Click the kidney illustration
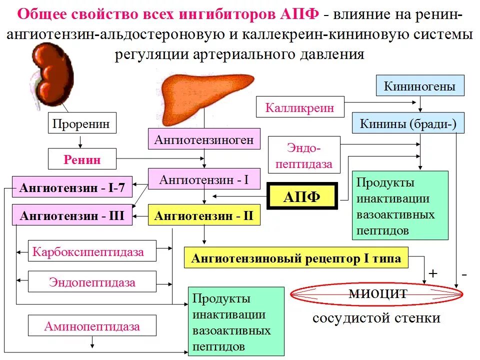(x=50, y=75)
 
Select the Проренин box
(x=81, y=122)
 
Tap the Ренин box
(x=82, y=159)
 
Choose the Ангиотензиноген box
(x=204, y=139)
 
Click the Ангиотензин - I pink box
(x=204, y=179)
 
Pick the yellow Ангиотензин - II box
(x=204, y=216)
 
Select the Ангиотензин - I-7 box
(x=72, y=188)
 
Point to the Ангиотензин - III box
(x=72, y=216)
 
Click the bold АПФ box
(x=301, y=196)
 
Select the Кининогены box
(x=419, y=86)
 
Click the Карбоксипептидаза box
(x=88, y=251)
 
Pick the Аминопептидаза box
(x=92, y=327)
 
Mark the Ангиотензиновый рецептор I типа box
(x=296, y=258)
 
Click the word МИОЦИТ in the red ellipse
(x=378, y=293)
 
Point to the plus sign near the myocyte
(x=433, y=274)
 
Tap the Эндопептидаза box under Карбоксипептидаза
(x=92, y=282)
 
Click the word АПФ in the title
(x=302, y=13)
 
